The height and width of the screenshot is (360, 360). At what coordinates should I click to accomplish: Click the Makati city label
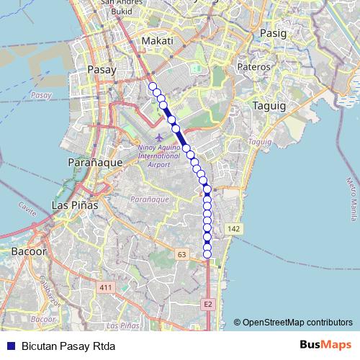157,41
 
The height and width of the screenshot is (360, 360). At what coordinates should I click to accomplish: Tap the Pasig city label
273,33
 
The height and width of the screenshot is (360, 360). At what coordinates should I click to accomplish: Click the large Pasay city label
100,70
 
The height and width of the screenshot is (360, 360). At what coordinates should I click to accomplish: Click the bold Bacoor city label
29,252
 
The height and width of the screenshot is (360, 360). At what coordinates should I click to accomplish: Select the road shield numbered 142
234,228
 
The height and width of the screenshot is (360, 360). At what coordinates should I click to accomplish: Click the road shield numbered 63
181,254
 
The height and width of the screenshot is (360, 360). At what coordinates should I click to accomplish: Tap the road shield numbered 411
107,288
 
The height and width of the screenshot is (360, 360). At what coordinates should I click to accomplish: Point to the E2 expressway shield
208,305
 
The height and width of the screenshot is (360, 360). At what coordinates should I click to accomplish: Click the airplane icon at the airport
158,138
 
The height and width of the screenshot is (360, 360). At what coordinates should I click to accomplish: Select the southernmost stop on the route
207,253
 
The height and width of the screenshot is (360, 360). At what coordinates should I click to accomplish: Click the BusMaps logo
325,345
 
